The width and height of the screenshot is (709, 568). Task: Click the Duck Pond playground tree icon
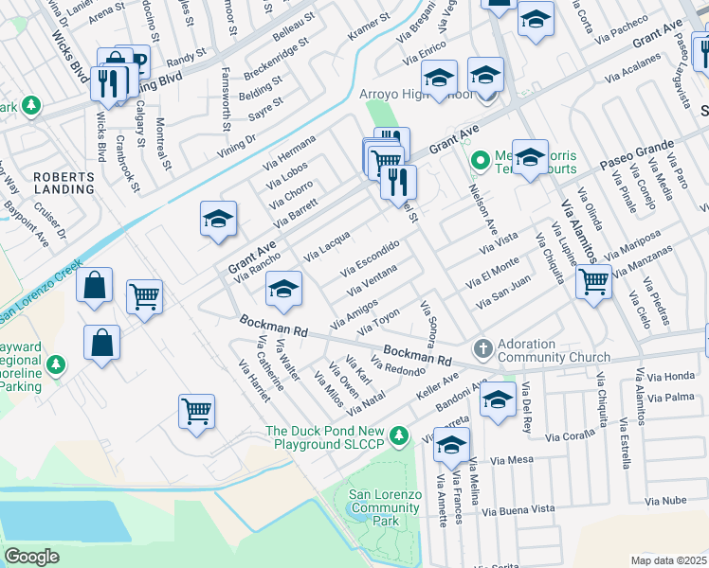coord(400,436)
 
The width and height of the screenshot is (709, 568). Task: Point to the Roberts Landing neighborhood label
coord(64,183)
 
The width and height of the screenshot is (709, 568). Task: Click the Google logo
coord(31,556)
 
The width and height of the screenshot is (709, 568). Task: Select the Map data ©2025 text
coord(669,560)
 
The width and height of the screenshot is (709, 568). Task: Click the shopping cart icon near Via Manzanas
coord(593,280)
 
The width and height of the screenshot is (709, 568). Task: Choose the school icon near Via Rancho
coord(218,221)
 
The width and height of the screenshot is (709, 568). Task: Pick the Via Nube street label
coord(665,500)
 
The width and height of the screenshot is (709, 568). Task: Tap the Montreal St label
coord(163,144)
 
